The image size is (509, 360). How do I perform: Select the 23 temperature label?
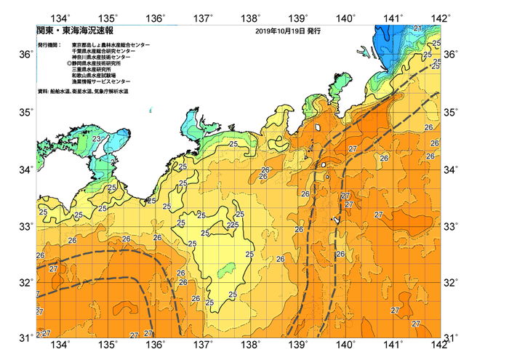(97, 139)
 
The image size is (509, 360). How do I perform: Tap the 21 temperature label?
(417, 28)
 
